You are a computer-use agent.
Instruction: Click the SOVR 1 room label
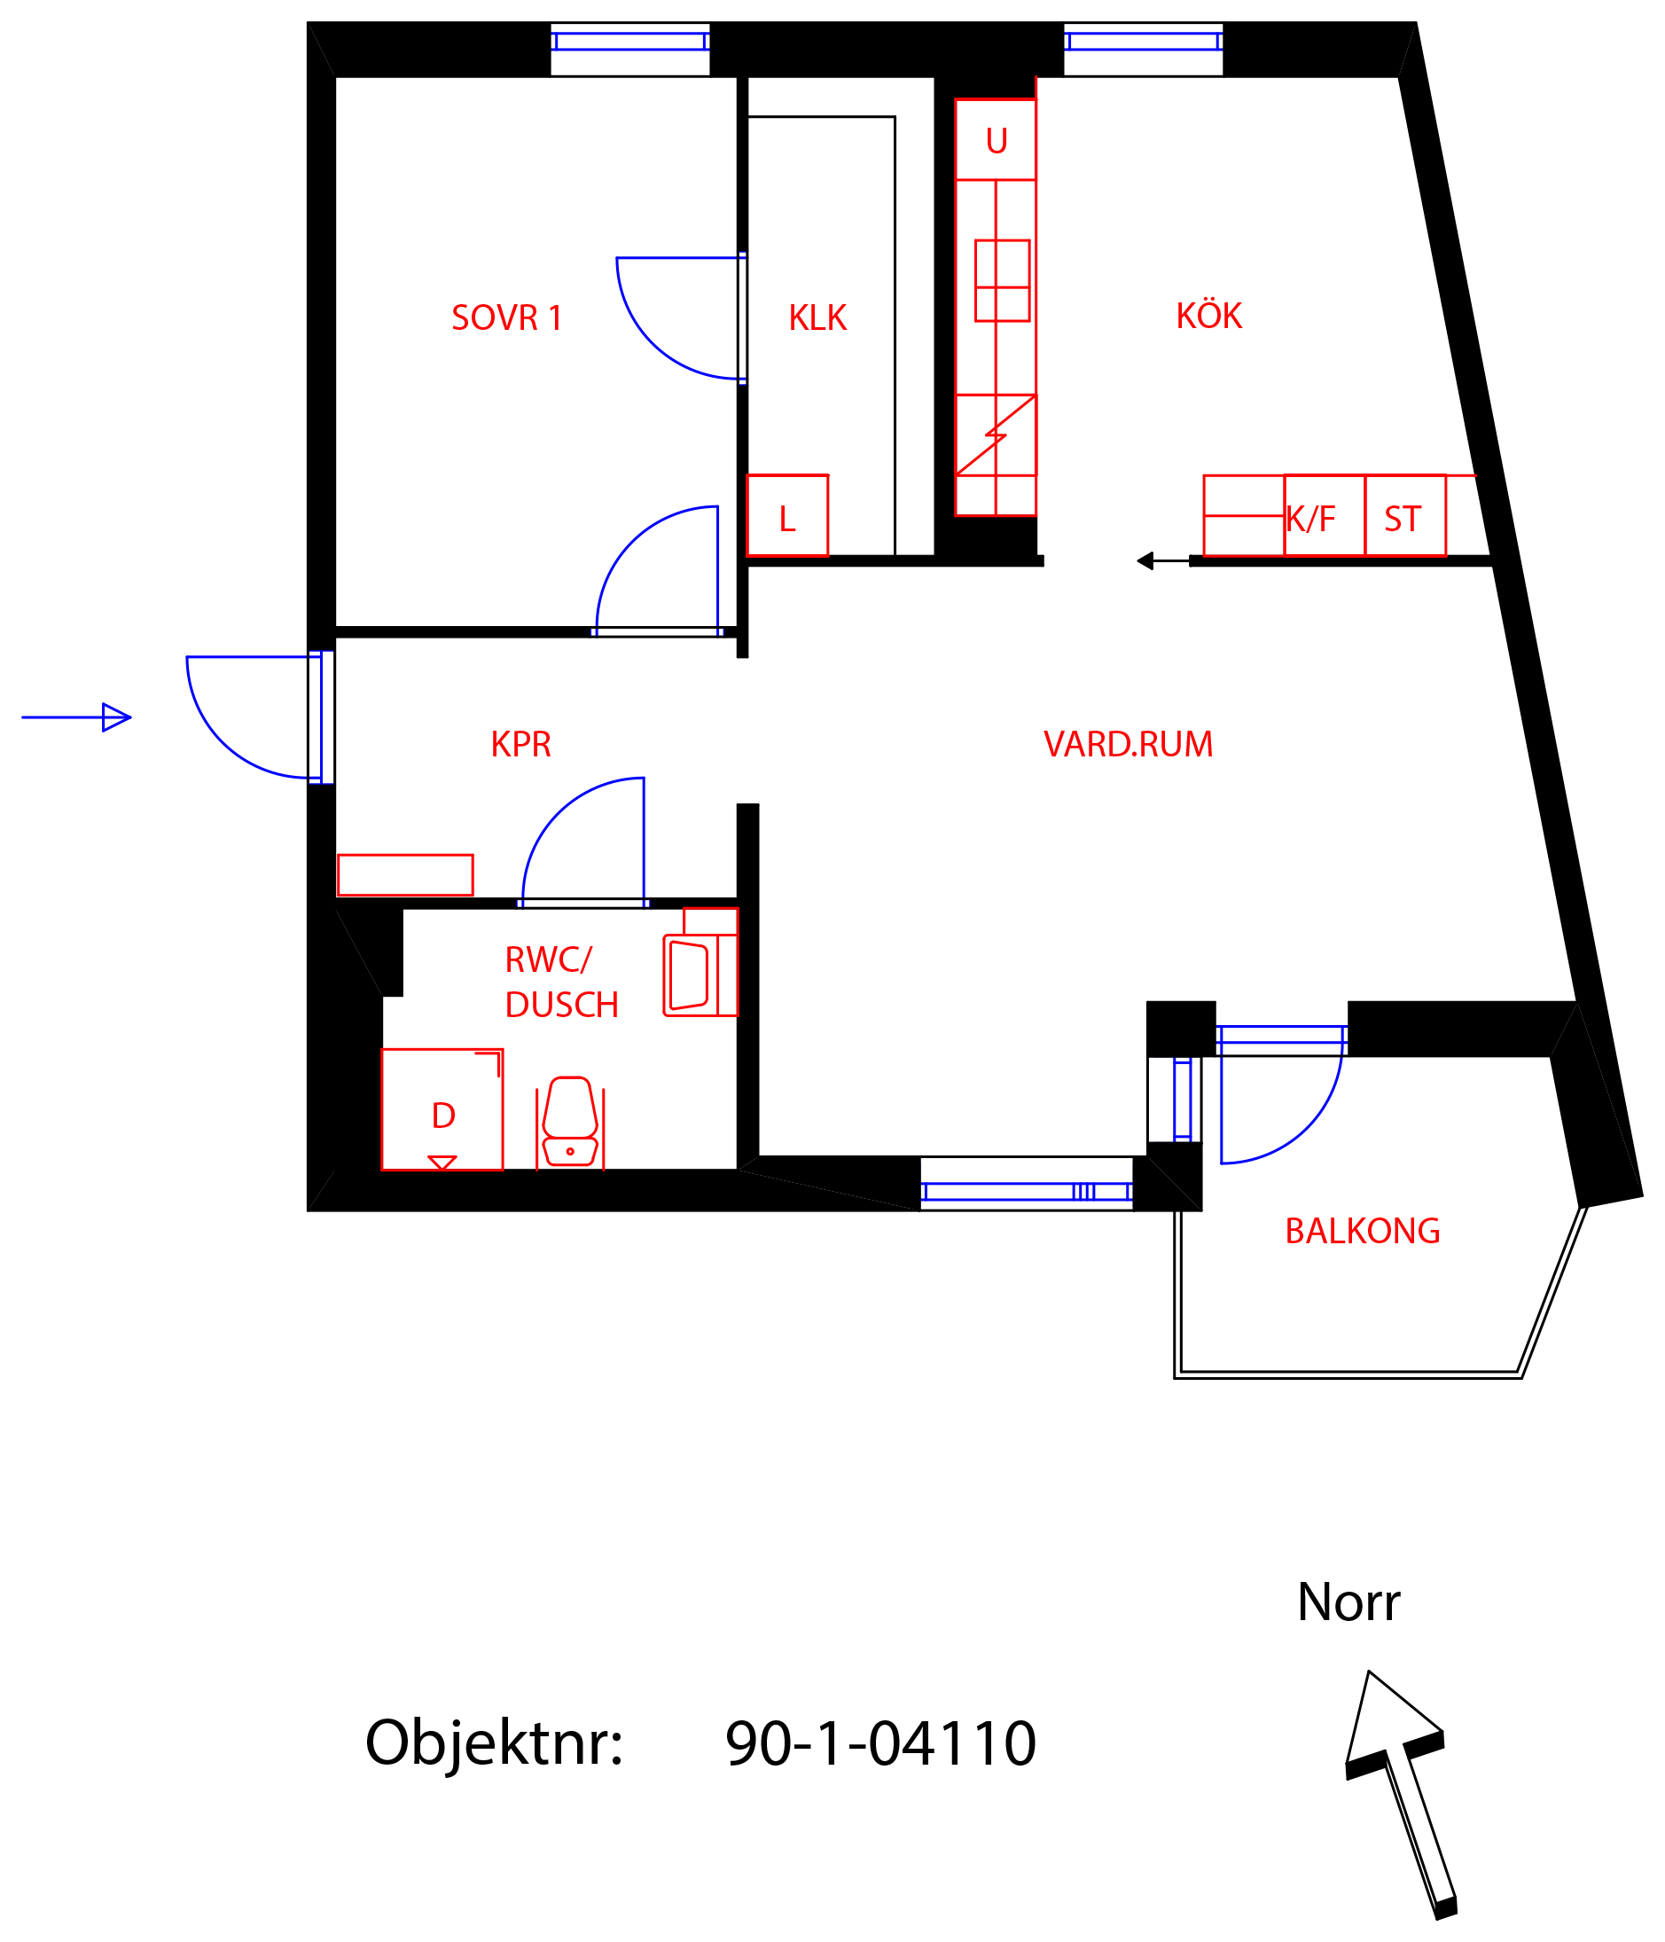(x=506, y=317)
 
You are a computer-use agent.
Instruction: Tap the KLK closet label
(x=817, y=317)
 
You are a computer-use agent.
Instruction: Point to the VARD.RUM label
(x=1128, y=744)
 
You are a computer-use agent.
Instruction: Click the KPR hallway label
(x=521, y=744)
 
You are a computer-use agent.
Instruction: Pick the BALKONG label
(x=1363, y=1231)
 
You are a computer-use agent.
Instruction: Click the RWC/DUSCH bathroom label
(x=561, y=983)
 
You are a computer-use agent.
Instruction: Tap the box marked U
(x=995, y=139)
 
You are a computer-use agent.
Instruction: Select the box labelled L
(x=787, y=515)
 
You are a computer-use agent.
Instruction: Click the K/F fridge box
(x=1324, y=515)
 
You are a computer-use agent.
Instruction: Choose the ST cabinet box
(x=1404, y=515)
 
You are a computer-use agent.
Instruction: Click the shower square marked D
(x=442, y=1109)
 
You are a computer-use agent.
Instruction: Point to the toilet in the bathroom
(x=570, y=1123)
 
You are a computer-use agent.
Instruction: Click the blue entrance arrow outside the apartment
(x=76, y=717)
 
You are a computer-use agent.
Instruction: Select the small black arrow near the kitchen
(x=1163, y=560)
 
